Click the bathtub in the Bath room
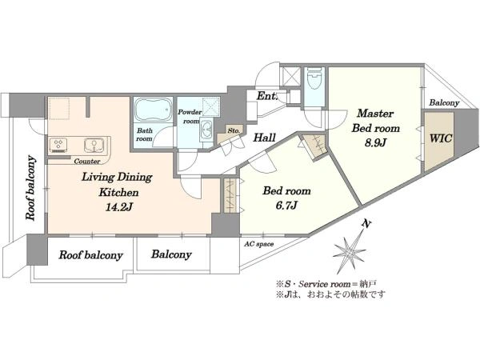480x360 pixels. [154, 110]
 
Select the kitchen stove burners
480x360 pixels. [60, 145]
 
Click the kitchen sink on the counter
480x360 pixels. [94, 145]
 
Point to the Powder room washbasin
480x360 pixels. [207, 130]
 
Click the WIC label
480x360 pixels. [441, 138]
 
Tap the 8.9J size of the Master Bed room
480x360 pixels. [374, 142]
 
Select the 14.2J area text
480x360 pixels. [118, 208]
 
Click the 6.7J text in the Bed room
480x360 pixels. [286, 206]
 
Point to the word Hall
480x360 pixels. [264, 138]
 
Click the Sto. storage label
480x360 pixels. [234, 130]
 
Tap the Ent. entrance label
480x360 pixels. [267, 96]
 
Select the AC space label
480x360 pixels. [259, 244]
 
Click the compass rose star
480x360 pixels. [348, 252]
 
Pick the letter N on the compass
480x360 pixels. [366, 224]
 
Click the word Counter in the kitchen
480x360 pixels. [87, 161]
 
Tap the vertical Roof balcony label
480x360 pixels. [30, 188]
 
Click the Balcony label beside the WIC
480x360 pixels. [444, 103]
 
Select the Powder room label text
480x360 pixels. [190, 117]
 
